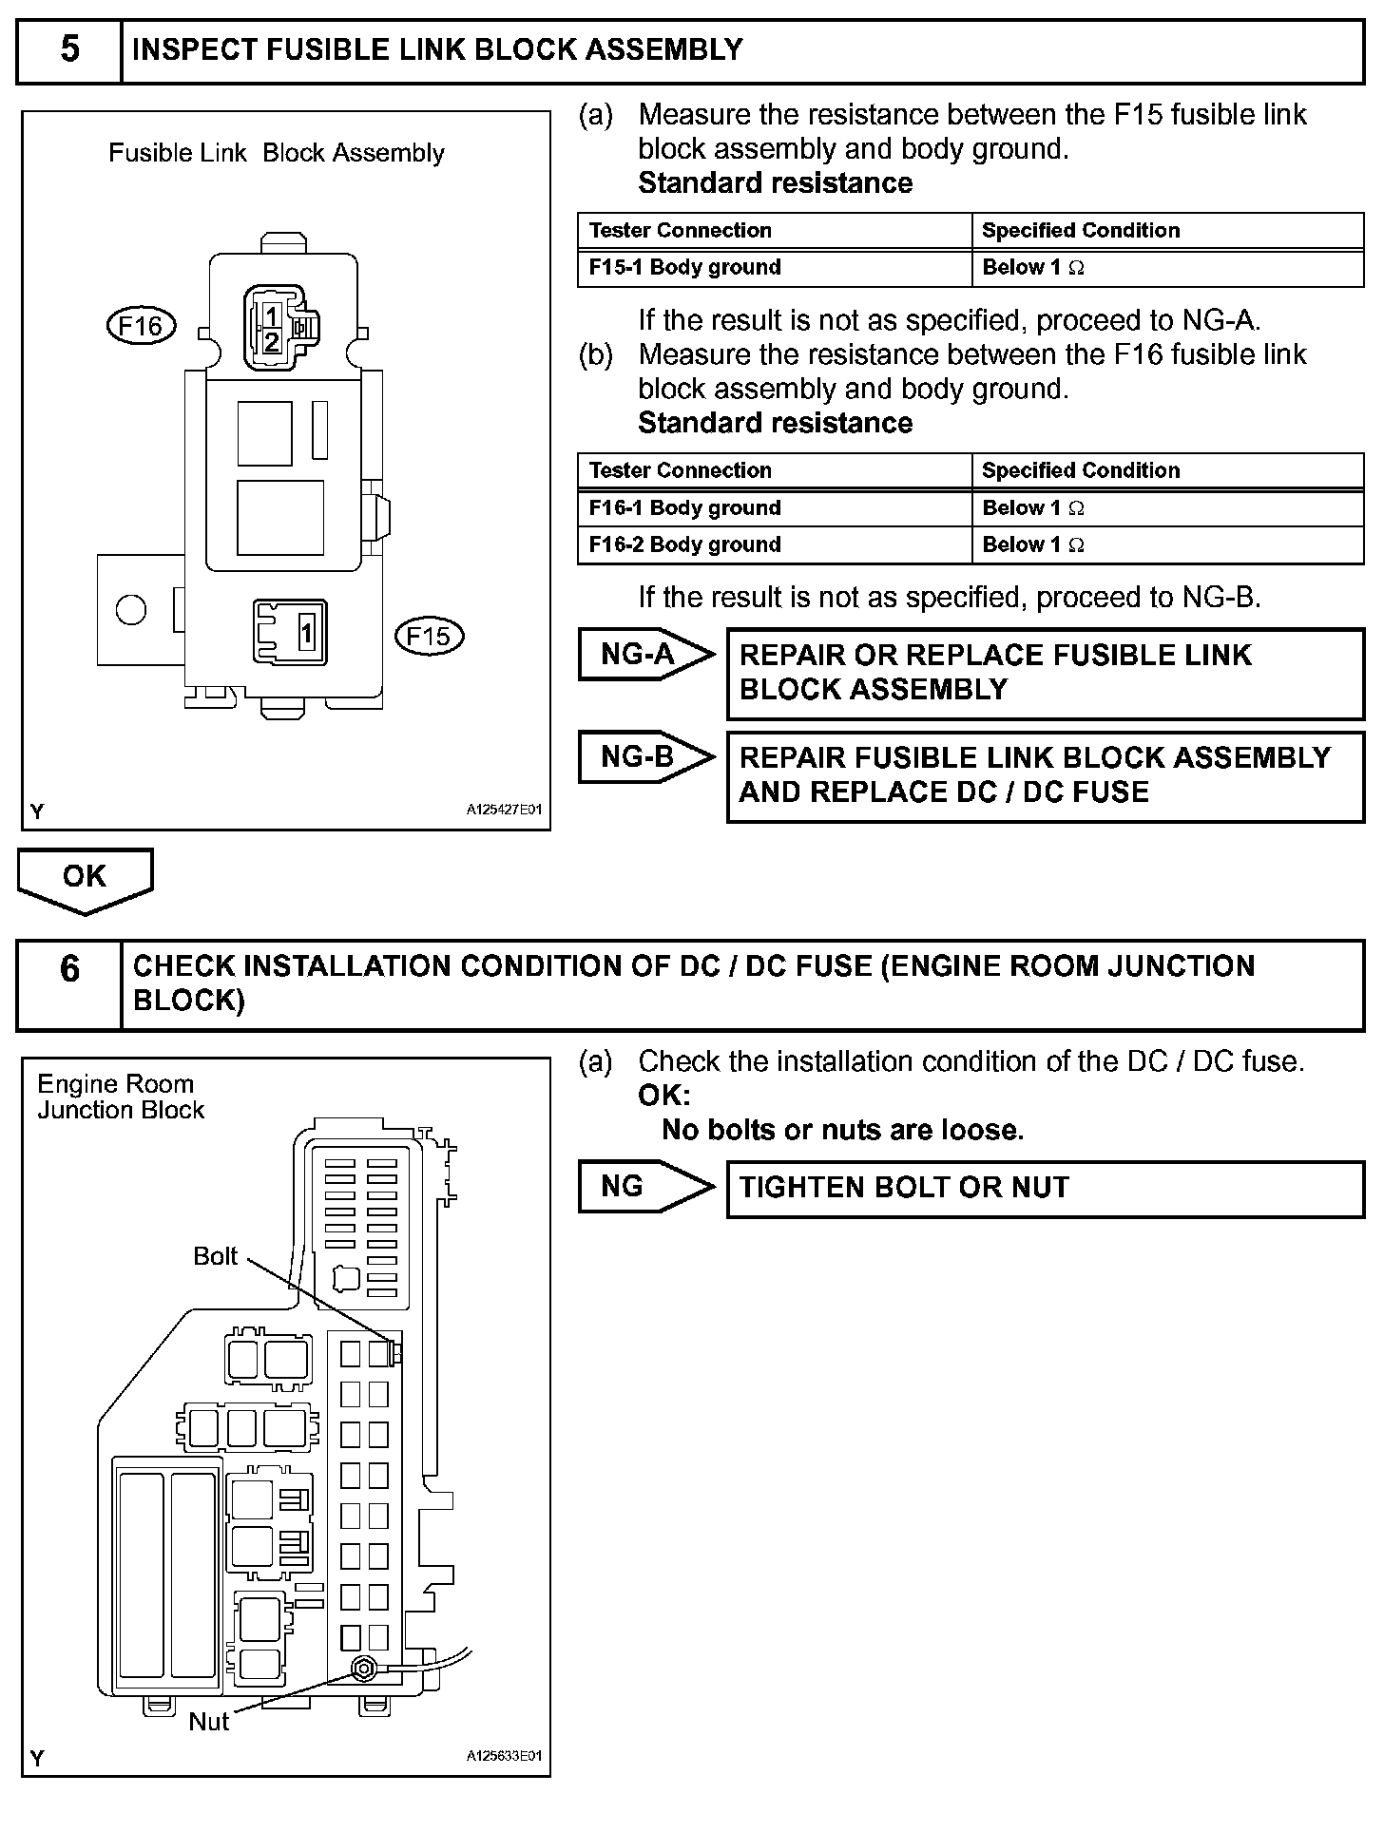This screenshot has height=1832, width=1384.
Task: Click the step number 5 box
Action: [x=69, y=50]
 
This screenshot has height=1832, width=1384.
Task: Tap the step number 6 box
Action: [x=69, y=984]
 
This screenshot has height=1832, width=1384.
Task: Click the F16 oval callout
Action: [x=142, y=326]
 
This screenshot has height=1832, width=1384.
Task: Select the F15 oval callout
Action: [x=429, y=636]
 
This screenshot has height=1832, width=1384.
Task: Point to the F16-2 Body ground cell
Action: [x=774, y=544]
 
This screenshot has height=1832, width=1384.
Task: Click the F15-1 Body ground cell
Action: [x=774, y=267]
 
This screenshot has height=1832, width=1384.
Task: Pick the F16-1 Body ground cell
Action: [x=774, y=507]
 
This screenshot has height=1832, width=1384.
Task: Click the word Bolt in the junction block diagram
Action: [x=216, y=1256]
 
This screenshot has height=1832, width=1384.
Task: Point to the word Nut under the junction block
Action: [x=208, y=1722]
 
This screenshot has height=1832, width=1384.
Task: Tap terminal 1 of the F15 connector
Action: [x=306, y=632]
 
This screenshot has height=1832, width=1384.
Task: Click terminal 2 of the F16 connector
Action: [x=272, y=342]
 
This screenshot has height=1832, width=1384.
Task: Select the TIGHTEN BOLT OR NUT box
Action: [x=1045, y=1188]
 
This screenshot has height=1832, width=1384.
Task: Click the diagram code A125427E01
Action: [x=503, y=811]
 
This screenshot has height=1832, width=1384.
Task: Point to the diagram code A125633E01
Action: [x=503, y=1757]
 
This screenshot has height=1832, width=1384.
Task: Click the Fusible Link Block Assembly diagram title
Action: [x=277, y=153]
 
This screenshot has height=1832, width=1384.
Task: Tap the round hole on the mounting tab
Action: [x=131, y=609]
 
